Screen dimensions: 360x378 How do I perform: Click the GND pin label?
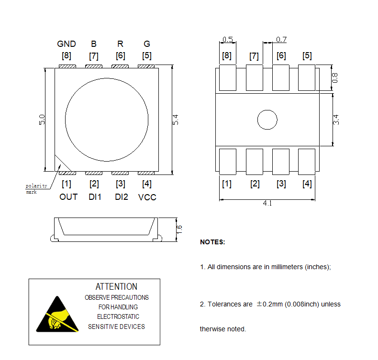[x=67, y=44]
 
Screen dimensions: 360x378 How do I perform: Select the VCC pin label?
[x=147, y=197]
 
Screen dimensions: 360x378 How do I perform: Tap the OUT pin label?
[x=68, y=197]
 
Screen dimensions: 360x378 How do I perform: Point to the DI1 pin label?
[x=95, y=197]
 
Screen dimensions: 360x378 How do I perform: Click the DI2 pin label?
[x=121, y=197]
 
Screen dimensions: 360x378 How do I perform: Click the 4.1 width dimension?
[x=267, y=203]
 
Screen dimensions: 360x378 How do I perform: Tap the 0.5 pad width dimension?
[x=228, y=39]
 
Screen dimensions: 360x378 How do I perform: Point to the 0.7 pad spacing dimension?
[x=281, y=39]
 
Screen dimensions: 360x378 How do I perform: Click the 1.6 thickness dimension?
[x=179, y=229]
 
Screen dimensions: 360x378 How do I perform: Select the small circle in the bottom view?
[x=267, y=120]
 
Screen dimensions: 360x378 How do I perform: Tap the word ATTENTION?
[x=116, y=287]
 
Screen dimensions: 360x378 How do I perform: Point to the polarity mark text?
[x=36, y=188]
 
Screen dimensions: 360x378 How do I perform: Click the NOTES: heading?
[x=212, y=242]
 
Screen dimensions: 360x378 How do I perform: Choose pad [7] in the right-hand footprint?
[x=254, y=78]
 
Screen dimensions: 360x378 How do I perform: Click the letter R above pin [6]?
[x=120, y=44]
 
